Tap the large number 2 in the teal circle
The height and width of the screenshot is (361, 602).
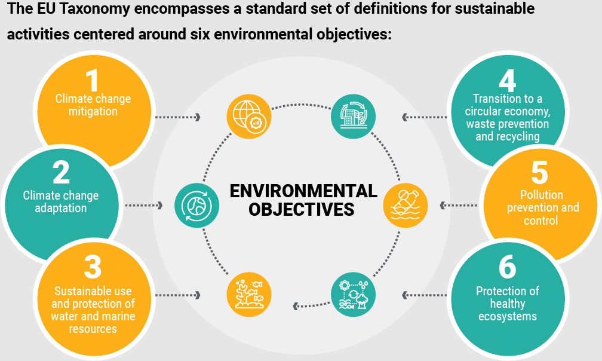pos(61,173)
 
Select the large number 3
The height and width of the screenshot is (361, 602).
pos(93,267)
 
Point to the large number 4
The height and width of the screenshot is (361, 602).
pos(507,80)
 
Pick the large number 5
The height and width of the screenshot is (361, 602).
pos(539,173)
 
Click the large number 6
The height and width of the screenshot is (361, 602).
pos(507,267)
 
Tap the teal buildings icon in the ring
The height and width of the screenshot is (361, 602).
pos(353,115)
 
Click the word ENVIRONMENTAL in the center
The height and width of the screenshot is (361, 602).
pos(303,191)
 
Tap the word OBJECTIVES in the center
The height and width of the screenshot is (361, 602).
pos(301,210)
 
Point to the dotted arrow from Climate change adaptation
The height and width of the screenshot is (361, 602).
pos(144,206)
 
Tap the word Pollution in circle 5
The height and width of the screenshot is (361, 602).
pos(541,195)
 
